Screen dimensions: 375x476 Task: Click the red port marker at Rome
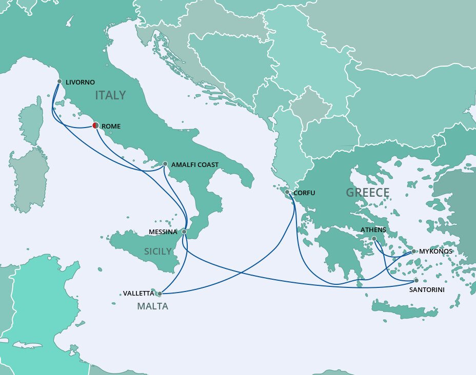95,126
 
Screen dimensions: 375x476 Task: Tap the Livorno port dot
60,81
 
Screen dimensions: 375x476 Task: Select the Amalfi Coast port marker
165,164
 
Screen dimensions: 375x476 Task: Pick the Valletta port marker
159,294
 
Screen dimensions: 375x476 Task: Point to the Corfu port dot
288,193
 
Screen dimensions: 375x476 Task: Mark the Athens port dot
374,239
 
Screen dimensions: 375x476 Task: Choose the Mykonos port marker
413,252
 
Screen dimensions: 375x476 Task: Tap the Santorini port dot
416,280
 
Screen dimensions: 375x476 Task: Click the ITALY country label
110,95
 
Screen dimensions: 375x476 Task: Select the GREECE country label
367,193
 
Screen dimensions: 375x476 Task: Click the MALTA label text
152,307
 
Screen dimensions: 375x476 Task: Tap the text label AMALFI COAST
195,165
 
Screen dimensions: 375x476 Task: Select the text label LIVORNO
81,82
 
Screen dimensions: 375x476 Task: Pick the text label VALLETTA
138,294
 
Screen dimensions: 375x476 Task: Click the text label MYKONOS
436,252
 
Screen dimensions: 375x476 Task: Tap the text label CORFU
304,193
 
